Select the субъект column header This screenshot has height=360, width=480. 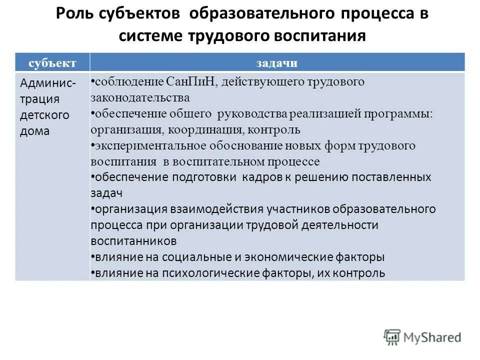click(x=52, y=62)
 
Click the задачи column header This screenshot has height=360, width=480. click(x=277, y=62)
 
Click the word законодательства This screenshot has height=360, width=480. click(x=140, y=97)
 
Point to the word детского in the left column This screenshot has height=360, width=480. click(x=44, y=115)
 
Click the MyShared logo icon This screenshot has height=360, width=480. click(x=392, y=337)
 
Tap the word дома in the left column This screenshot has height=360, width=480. click(x=35, y=131)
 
